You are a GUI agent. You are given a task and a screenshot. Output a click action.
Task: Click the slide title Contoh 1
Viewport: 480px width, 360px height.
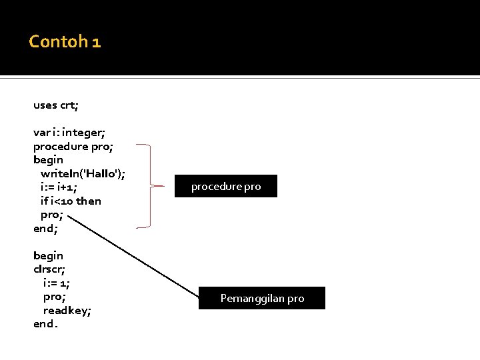click(x=65, y=43)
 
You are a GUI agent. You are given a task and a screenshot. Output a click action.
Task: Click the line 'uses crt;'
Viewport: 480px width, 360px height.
click(x=56, y=105)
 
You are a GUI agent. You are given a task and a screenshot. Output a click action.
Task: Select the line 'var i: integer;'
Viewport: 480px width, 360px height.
click(x=69, y=133)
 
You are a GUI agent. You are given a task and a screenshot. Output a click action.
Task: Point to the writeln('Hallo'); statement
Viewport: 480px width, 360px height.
click(x=83, y=174)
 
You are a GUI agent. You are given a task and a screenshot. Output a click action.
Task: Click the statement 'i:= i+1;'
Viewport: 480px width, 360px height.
click(x=63, y=187)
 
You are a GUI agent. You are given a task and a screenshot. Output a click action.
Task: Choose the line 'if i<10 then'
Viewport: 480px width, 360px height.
click(x=71, y=201)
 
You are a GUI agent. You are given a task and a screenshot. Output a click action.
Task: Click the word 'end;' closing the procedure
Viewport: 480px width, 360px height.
click(x=45, y=228)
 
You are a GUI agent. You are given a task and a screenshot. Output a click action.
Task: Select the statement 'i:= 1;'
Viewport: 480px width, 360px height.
click(x=57, y=283)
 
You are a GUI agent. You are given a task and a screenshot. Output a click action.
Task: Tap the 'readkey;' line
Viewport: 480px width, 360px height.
click(x=67, y=310)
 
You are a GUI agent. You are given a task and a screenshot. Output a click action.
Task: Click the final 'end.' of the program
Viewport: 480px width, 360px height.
click(x=45, y=324)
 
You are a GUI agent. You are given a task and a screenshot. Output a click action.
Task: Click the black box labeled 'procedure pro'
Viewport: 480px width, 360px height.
click(x=226, y=187)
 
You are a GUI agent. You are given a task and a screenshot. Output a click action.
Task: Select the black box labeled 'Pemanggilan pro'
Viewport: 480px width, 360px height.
click(x=262, y=298)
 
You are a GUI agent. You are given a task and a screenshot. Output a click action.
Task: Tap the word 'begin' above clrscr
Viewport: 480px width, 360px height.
click(x=48, y=255)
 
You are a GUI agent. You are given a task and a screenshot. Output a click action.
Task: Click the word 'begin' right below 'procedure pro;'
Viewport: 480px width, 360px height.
click(x=48, y=160)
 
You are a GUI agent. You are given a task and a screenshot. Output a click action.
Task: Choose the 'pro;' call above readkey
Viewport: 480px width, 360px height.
click(x=54, y=297)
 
